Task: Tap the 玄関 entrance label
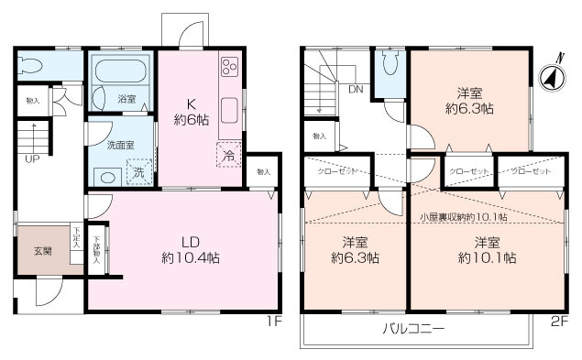[x=43, y=252]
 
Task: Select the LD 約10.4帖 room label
[x=189, y=250]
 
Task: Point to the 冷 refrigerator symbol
[x=227, y=155]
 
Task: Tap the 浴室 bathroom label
[x=126, y=98]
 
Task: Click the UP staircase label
[x=31, y=158]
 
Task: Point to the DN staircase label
[x=355, y=89]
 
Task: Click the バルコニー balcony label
[x=413, y=328]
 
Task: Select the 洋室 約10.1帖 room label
[x=487, y=250]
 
